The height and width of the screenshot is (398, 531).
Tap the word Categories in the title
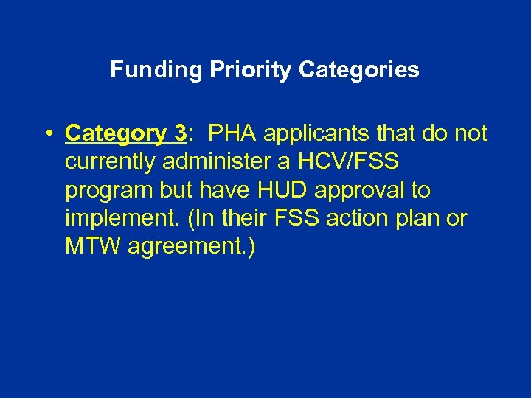click(360, 70)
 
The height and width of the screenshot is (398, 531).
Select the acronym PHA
click(232, 133)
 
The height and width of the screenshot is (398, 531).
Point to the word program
click(108, 191)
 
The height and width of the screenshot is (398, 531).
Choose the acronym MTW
click(93, 245)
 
